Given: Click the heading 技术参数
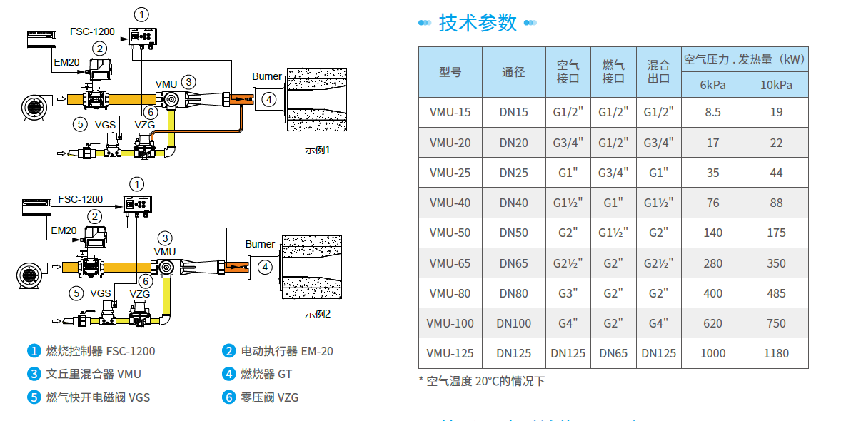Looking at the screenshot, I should click(478, 23).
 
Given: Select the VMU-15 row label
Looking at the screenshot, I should click(450, 112).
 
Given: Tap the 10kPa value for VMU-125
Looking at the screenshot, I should click(776, 353).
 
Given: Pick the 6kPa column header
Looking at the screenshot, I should click(712, 86).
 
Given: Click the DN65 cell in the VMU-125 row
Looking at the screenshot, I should click(613, 353).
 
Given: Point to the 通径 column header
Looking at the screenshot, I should click(513, 72).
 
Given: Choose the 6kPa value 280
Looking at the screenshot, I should click(712, 263).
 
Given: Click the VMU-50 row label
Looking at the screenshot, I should click(450, 233).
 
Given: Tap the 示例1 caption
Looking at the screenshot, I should click(318, 150).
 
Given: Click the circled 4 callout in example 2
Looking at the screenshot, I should click(265, 268).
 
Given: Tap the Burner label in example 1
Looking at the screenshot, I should click(267, 76).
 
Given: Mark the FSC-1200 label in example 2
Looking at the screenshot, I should click(80, 199).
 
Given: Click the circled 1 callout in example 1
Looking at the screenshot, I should click(142, 14).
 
